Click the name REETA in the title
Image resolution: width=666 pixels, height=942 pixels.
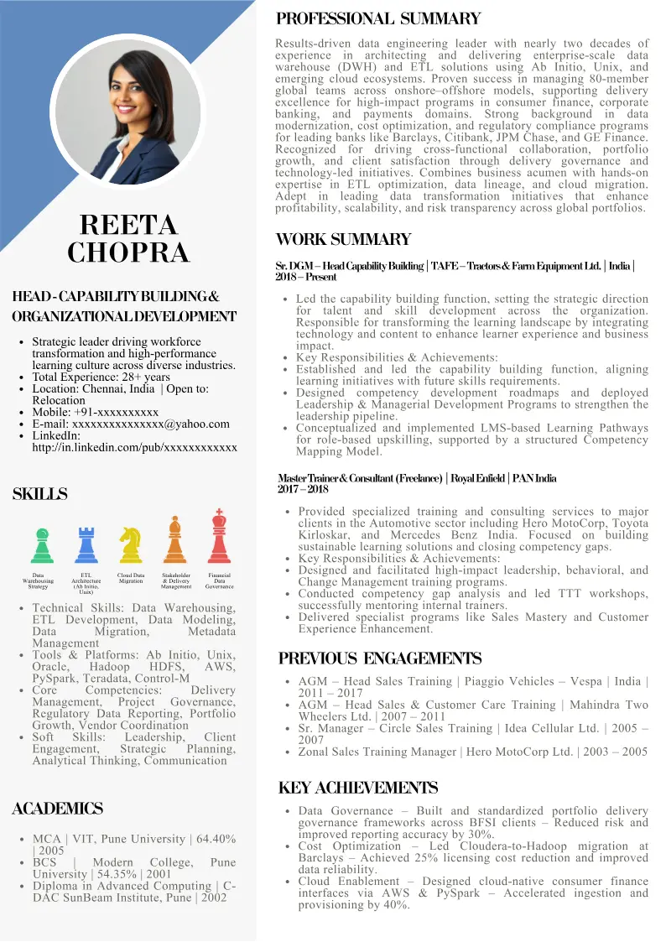pyautogui.click(x=128, y=225)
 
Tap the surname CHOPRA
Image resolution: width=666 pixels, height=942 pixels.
pyautogui.click(x=128, y=252)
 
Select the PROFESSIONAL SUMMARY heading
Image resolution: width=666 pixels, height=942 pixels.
pyautogui.click(x=378, y=18)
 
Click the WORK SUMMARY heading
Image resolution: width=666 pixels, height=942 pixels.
pyautogui.click(x=343, y=240)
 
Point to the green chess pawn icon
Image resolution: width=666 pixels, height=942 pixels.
pyautogui.click(x=42, y=545)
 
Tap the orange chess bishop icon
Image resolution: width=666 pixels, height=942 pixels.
pyautogui.click(x=175, y=540)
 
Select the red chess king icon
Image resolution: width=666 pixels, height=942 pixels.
pyautogui.click(x=220, y=536)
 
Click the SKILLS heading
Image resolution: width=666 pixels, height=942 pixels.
pyautogui.click(x=39, y=495)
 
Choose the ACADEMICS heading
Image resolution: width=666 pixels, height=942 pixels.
pyautogui.click(x=58, y=809)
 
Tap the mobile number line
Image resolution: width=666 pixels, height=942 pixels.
pyautogui.click(x=95, y=413)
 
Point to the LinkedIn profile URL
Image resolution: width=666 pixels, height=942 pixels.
pyautogui.click(x=134, y=448)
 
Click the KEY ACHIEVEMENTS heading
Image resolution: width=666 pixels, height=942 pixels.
pyautogui.click(x=357, y=788)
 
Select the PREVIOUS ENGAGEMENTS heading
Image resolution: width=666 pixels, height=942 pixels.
pyautogui.click(x=380, y=658)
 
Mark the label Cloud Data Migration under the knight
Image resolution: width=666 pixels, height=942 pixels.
pyautogui.click(x=131, y=578)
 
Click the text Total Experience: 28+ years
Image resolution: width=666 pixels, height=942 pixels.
pyautogui.click(x=101, y=377)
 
